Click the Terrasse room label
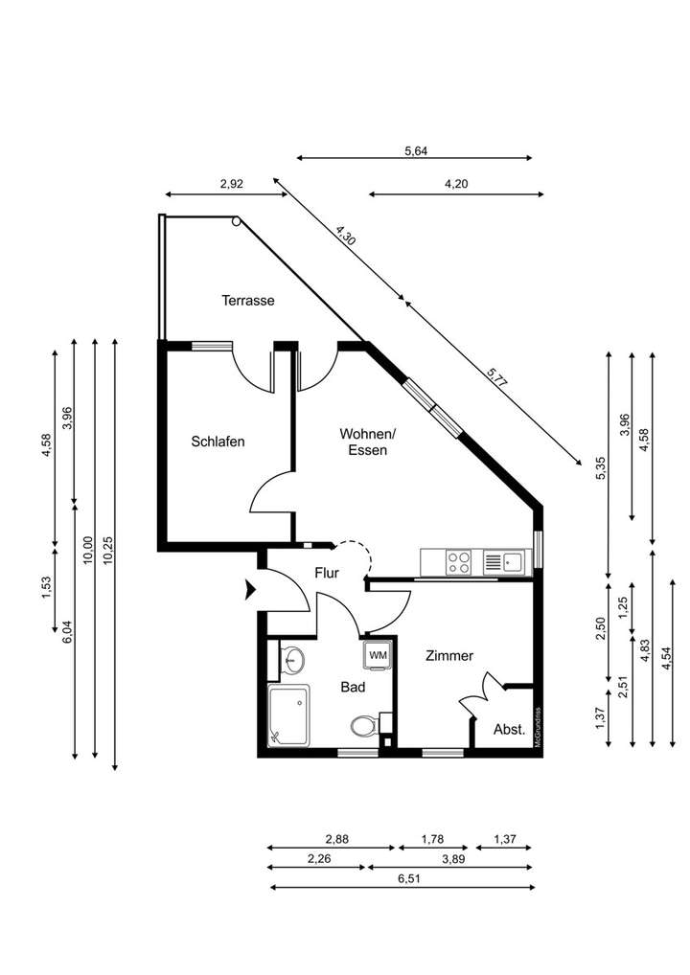pyautogui.click(x=248, y=300)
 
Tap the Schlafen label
pyautogui.click(x=218, y=442)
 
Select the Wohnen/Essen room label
pyautogui.click(x=367, y=442)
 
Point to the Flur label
pyautogui.click(x=328, y=574)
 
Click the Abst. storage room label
pyautogui.click(x=509, y=729)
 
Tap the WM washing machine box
pyautogui.click(x=378, y=654)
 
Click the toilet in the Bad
pyautogui.click(x=365, y=725)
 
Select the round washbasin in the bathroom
pyautogui.click(x=293, y=660)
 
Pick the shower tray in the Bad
pyautogui.click(x=289, y=715)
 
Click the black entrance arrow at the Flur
pyautogui.click(x=252, y=590)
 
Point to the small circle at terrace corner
pyautogui.click(x=236, y=222)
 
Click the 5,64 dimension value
pyautogui.click(x=417, y=149)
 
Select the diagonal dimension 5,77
pyautogui.click(x=496, y=376)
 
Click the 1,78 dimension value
pyautogui.click(x=432, y=839)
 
